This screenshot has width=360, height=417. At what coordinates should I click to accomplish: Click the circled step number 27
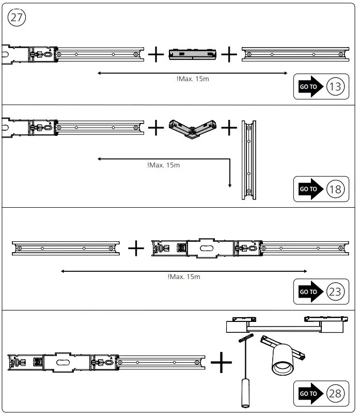click(x=17, y=17)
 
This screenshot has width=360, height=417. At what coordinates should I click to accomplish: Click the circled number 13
click(x=335, y=86)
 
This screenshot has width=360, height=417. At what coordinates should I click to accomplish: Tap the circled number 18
click(x=335, y=189)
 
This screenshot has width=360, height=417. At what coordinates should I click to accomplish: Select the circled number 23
click(x=335, y=292)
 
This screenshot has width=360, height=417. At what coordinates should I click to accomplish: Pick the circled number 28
click(x=335, y=394)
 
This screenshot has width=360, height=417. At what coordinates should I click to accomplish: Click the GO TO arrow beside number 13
click(x=309, y=86)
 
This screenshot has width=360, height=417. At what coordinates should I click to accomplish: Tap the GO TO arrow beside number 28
click(x=309, y=394)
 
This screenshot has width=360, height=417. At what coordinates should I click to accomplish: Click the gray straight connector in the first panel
click(x=191, y=54)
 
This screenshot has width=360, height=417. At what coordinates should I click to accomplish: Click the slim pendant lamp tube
click(x=243, y=393)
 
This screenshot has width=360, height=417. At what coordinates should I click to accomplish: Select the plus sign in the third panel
click(x=136, y=248)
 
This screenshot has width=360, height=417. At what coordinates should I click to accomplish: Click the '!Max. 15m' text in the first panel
click(x=192, y=79)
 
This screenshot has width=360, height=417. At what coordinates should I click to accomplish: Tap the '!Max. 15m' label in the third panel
click(x=184, y=277)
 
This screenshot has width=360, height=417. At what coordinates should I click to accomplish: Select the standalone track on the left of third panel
click(x=66, y=248)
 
